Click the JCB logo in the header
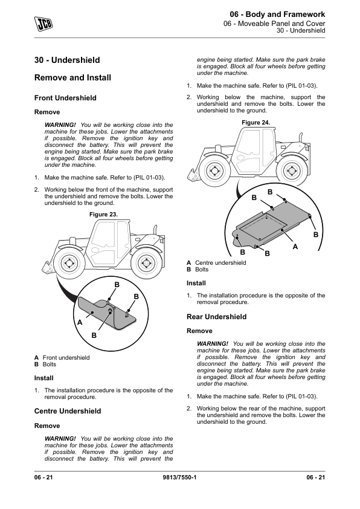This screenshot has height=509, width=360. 43,24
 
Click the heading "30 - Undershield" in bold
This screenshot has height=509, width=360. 67,60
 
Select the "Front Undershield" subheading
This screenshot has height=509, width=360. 65,98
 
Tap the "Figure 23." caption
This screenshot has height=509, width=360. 103,214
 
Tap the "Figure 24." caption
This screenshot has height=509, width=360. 256,122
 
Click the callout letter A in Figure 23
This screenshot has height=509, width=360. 80,322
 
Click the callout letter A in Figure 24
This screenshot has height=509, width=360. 295,247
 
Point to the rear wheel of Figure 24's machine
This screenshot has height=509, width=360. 292,170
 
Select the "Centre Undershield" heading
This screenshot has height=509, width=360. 68,411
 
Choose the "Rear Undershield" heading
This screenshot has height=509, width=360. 216,317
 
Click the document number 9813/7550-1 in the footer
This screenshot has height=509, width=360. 179,477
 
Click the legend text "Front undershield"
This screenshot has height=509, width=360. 66,357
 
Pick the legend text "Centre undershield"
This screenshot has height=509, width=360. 220,262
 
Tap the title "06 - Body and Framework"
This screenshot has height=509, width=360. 277,15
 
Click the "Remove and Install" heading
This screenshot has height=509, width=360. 72,77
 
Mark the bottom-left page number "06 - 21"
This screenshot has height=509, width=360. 43,477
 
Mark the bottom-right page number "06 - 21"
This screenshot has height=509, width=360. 315,477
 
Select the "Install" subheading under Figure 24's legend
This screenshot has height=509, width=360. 196,283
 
